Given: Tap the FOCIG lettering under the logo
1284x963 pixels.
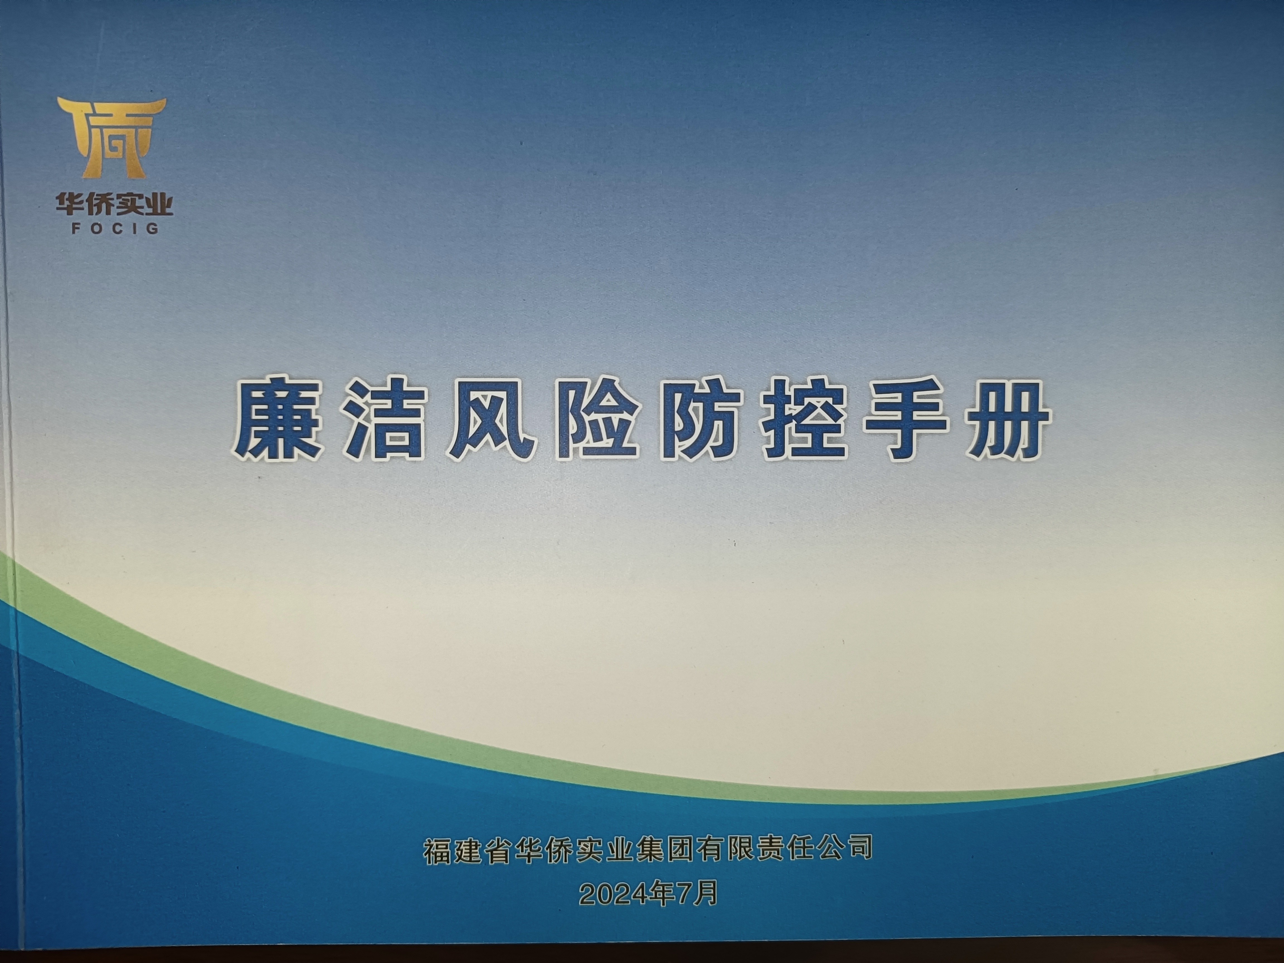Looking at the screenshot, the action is click(115, 228).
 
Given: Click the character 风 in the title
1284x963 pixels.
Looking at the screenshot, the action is click(489, 420).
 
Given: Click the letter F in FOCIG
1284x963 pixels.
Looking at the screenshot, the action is click(76, 228).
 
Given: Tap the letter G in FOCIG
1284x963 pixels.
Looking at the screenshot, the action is click(153, 228).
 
